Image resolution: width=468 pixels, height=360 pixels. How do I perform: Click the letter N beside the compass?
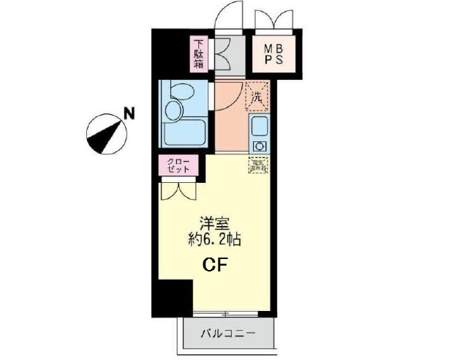coord(129,113)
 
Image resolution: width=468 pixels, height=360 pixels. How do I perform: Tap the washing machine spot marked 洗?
coord(257,95)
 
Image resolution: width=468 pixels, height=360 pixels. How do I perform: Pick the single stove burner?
coord(259,145)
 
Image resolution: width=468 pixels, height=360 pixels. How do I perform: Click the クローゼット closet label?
coord(177,165)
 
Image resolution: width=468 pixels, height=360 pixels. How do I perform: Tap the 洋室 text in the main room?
coord(214,224)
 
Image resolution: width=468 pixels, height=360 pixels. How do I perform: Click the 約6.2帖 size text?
coord(214,239)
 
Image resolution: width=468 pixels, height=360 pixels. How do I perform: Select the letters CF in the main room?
coord(214,265)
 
